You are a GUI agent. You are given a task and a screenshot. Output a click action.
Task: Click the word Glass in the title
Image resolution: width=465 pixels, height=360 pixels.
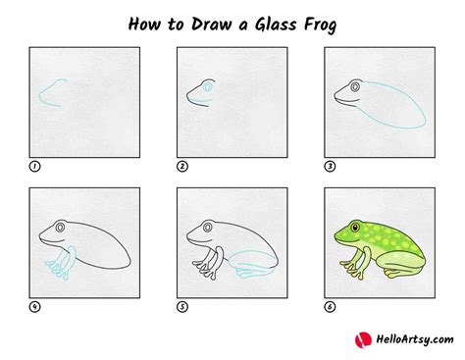tap(276, 25)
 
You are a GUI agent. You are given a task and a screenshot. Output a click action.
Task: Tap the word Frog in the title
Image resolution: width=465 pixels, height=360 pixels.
tap(320, 26)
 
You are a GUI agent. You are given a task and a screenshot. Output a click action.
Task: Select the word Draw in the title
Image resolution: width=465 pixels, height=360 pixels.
tap(211, 25)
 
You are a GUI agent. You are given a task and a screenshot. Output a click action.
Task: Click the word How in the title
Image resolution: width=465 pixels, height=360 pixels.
tap(144, 25)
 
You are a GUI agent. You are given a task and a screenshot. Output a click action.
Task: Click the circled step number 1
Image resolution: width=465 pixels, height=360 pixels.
tap(34, 167)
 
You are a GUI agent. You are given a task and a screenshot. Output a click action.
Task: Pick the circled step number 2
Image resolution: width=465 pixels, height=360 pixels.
tap(182, 167)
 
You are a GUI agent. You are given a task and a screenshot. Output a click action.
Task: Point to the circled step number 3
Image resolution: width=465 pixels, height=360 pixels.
tap(330, 167)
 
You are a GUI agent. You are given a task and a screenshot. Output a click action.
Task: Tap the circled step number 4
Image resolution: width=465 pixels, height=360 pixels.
tap(34, 307)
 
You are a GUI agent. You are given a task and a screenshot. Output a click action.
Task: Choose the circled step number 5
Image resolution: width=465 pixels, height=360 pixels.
tap(182, 307)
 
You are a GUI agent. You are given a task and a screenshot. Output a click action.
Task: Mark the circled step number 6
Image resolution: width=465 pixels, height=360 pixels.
tap(330, 307)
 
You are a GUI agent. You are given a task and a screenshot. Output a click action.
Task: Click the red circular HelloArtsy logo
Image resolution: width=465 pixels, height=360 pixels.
tap(363, 340)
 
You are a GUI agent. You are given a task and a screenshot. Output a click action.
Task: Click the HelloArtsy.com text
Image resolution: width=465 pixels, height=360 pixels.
tap(415, 339)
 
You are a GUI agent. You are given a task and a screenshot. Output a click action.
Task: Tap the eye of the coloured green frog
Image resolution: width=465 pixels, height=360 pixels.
tap(355, 227)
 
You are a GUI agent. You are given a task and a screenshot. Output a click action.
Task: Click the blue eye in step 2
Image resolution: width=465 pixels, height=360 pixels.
tap(207, 87)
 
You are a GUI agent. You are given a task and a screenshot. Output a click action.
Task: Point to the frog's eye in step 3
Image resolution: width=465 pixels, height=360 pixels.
tap(355, 87)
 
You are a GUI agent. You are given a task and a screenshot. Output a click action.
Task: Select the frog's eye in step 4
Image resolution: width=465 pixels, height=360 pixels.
tap(60, 228)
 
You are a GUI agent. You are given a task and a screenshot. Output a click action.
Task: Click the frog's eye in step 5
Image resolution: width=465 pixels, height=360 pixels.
tap(208, 228)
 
